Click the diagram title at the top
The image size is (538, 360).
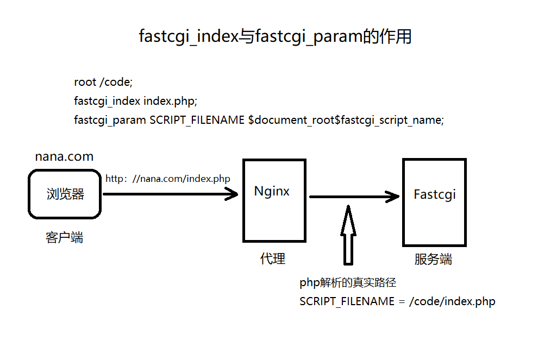point(275,37)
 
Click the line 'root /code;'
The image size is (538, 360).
point(103,82)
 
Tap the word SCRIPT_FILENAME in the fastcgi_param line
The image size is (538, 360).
point(197,120)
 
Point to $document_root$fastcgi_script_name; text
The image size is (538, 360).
point(346,120)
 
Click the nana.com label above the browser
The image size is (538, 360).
point(64,157)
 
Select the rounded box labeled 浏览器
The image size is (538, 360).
point(65,194)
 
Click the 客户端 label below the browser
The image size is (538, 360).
point(64,237)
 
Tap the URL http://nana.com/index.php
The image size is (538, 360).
point(168,179)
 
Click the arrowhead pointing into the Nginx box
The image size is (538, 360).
point(233,194)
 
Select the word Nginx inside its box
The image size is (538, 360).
point(272,191)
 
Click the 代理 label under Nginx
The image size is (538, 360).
point(273,259)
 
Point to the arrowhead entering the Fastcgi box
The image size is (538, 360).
point(393,196)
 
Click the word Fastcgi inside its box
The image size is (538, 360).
point(434,194)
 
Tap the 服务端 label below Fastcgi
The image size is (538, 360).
point(433,259)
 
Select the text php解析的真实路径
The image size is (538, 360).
point(348,283)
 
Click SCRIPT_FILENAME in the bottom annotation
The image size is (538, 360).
point(347,301)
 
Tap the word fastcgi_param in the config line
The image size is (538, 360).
point(110,120)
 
